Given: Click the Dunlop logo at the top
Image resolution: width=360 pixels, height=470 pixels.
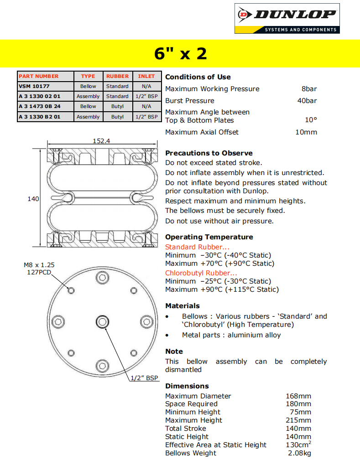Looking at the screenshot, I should click(x=287, y=18).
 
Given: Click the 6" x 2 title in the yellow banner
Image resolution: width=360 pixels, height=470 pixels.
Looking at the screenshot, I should click(x=180, y=54).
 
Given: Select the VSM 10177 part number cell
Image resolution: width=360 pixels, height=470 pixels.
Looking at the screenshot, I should click(x=34, y=86).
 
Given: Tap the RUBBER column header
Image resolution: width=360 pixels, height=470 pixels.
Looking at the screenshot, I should click(x=117, y=76).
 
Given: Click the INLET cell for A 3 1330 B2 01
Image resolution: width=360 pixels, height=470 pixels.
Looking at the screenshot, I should click(x=146, y=117).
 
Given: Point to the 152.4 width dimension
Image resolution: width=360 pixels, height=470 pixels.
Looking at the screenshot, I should click(x=101, y=141).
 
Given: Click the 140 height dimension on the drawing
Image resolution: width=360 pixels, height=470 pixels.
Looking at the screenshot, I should click(x=33, y=199).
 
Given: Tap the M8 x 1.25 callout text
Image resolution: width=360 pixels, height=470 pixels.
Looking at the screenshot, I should click(x=39, y=264).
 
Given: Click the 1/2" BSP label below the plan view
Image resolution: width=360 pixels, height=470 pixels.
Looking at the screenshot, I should click(x=144, y=378).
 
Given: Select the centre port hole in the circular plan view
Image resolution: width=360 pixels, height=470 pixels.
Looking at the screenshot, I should click(x=102, y=322).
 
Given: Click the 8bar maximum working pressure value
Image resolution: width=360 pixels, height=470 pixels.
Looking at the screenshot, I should click(x=309, y=89).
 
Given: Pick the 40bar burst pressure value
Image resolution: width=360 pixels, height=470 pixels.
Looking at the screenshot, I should click(x=307, y=101).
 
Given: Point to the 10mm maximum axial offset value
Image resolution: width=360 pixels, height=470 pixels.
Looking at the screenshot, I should click(x=306, y=132).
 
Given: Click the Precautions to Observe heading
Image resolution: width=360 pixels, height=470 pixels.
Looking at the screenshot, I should click(x=209, y=153).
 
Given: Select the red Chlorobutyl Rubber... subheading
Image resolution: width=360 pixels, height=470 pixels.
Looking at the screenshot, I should click(x=201, y=273).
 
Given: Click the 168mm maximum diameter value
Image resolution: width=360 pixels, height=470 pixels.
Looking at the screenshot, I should click(x=298, y=396).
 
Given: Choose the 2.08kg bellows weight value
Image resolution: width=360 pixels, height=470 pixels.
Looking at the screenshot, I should click(x=299, y=453).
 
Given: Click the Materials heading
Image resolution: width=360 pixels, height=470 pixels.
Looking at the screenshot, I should click(x=183, y=306).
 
